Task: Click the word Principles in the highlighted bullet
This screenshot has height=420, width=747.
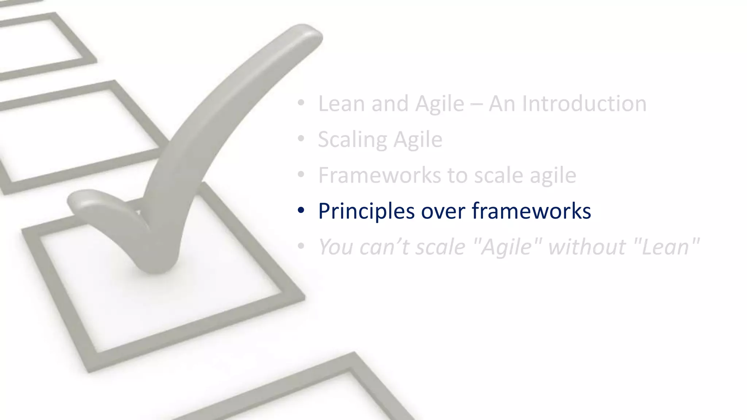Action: tap(366, 211)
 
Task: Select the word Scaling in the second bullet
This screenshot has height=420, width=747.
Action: tap(352, 140)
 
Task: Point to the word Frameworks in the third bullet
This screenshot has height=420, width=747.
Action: tap(380, 175)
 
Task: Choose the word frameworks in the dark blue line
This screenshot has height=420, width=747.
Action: tap(531, 211)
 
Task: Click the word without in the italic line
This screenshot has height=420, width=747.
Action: tap(587, 247)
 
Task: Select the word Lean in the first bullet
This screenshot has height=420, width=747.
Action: tap(341, 104)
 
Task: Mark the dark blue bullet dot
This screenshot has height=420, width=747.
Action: tap(301, 210)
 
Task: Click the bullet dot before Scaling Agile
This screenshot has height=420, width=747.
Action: tap(301, 139)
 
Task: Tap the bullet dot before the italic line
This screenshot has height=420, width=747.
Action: tap(301, 246)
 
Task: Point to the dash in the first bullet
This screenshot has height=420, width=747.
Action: tap(476, 104)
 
